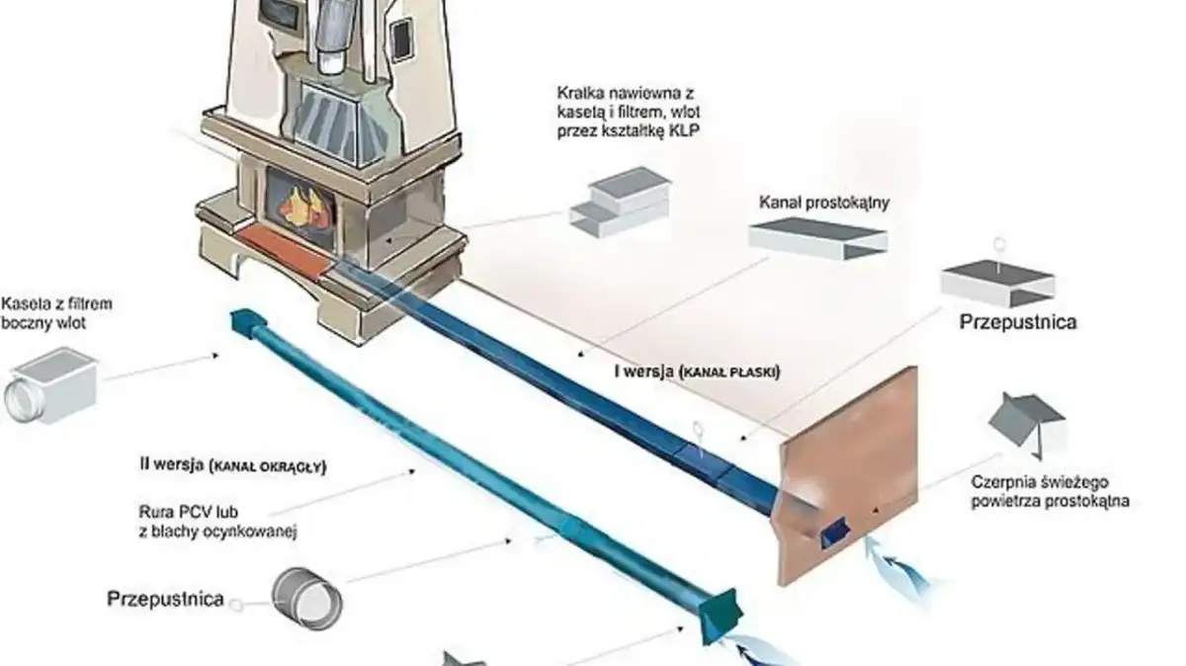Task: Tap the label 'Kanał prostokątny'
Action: (x=824, y=203)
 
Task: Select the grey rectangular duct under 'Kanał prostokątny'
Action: (x=818, y=240)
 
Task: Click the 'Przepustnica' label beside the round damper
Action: (x=165, y=599)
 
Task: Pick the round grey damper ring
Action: (x=307, y=599)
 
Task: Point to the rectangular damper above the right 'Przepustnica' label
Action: (x=997, y=284)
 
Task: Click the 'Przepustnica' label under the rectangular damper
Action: (x=1018, y=322)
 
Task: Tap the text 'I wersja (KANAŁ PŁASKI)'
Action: (x=698, y=372)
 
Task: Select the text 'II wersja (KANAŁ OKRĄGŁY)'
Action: (x=233, y=465)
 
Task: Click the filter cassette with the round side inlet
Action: (x=51, y=385)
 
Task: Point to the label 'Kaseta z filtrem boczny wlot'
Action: (x=56, y=313)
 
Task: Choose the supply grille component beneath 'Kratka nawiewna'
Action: (x=620, y=203)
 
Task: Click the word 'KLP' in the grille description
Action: (x=684, y=130)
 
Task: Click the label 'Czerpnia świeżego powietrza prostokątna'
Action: (x=1050, y=491)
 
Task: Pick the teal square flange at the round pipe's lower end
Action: (x=720, y=616)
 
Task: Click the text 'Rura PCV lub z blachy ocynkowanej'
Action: (x=217, y=522)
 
